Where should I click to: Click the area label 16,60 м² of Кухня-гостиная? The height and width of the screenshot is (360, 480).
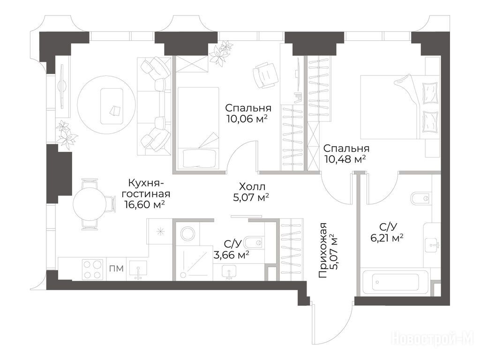pos(145,204)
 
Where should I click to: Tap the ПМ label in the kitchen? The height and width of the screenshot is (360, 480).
pos(117,269)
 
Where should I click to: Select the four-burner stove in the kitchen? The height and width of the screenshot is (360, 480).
pos(92,270)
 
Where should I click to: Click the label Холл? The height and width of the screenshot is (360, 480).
pos(252,187)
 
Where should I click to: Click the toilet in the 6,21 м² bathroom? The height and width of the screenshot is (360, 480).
pos(421,198)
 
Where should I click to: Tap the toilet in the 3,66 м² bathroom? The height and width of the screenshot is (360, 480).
pos(255,243)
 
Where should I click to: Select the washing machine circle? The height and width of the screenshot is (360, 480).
pos(187,234)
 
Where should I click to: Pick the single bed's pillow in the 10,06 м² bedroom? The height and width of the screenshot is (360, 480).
pos(200,158)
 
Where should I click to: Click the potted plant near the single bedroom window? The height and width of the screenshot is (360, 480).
pos(221,52)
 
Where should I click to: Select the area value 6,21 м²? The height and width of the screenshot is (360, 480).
pos(386,238)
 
